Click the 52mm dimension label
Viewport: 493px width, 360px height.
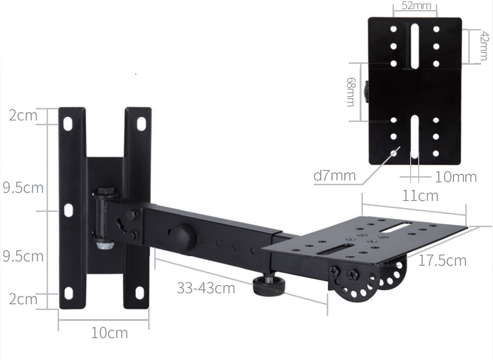pos(416,5)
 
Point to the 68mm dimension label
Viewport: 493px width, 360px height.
pos(351,92)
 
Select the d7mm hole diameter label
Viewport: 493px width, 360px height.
pos(334,175)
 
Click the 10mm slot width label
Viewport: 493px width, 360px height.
pos(455,177)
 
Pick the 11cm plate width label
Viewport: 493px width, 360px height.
pos(420,196)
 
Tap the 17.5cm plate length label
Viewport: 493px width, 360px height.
pos(442,260)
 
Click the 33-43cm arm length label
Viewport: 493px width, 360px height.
pos(206,288)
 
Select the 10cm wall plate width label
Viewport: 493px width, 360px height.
pos(110,333)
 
